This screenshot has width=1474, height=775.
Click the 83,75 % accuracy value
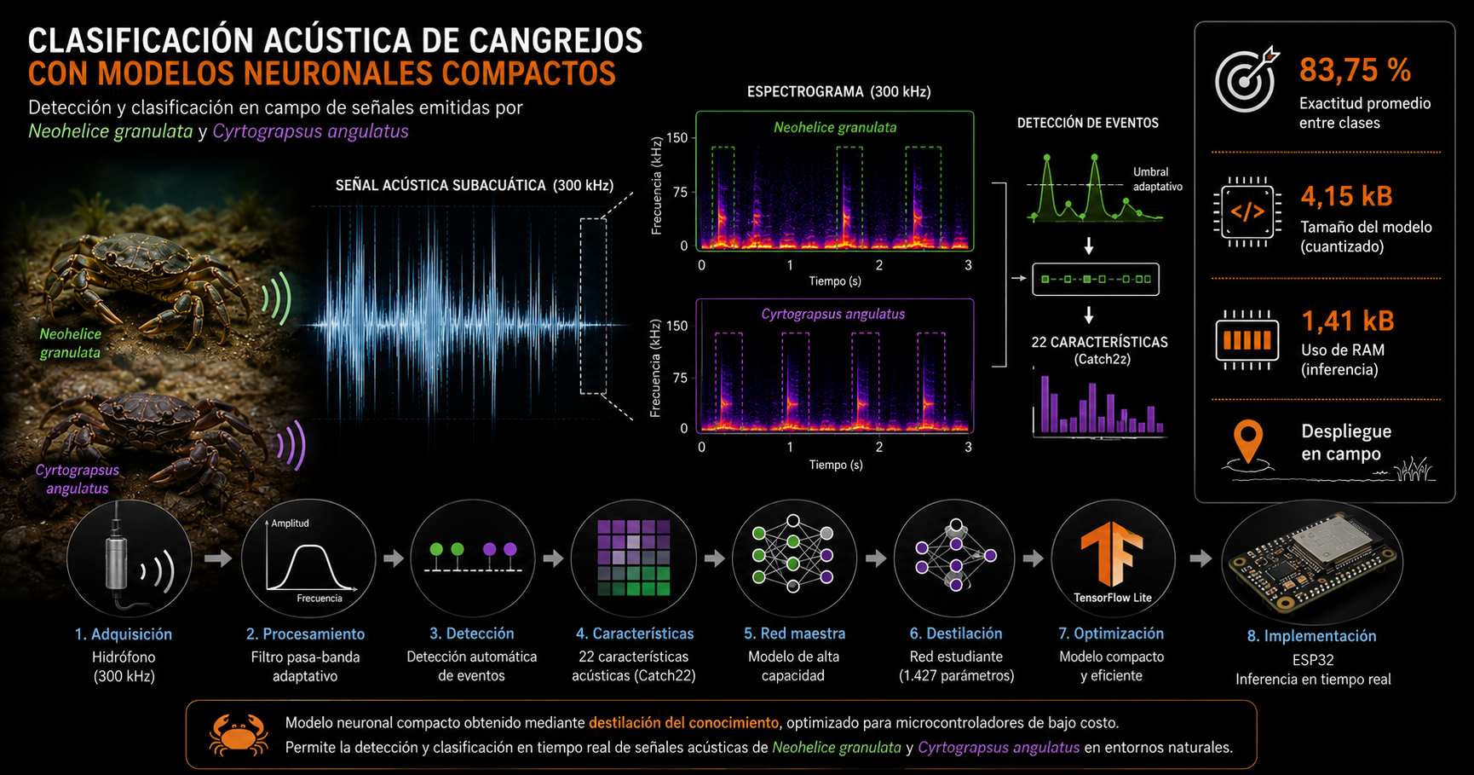pos(1355,70)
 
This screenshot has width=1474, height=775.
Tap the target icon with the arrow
pos(1247,79)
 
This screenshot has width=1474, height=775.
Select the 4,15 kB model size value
pos(1346,196)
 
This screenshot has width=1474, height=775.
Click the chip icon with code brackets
pos(1247,211)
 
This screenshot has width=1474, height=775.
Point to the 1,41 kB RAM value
pos(1348,321)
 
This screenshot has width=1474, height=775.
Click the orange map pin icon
pos(1247,441)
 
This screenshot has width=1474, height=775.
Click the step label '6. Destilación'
pos(956,633)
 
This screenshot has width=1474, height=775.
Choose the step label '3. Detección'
pos(472,633)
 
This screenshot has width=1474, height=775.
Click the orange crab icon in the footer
pos(239,735)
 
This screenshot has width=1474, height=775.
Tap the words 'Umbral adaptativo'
pos(1157,179)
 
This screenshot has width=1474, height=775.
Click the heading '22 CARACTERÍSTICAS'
pos(1099,342)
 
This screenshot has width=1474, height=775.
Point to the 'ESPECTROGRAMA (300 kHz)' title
pos(838,91)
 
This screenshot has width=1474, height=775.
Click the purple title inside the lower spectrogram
pos(833,314)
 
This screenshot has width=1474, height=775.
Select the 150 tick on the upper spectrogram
pos(677,137)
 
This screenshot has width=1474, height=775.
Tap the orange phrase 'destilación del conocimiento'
pos(683,723)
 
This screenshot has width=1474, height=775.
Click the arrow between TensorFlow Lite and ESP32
pos(1201,558)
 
